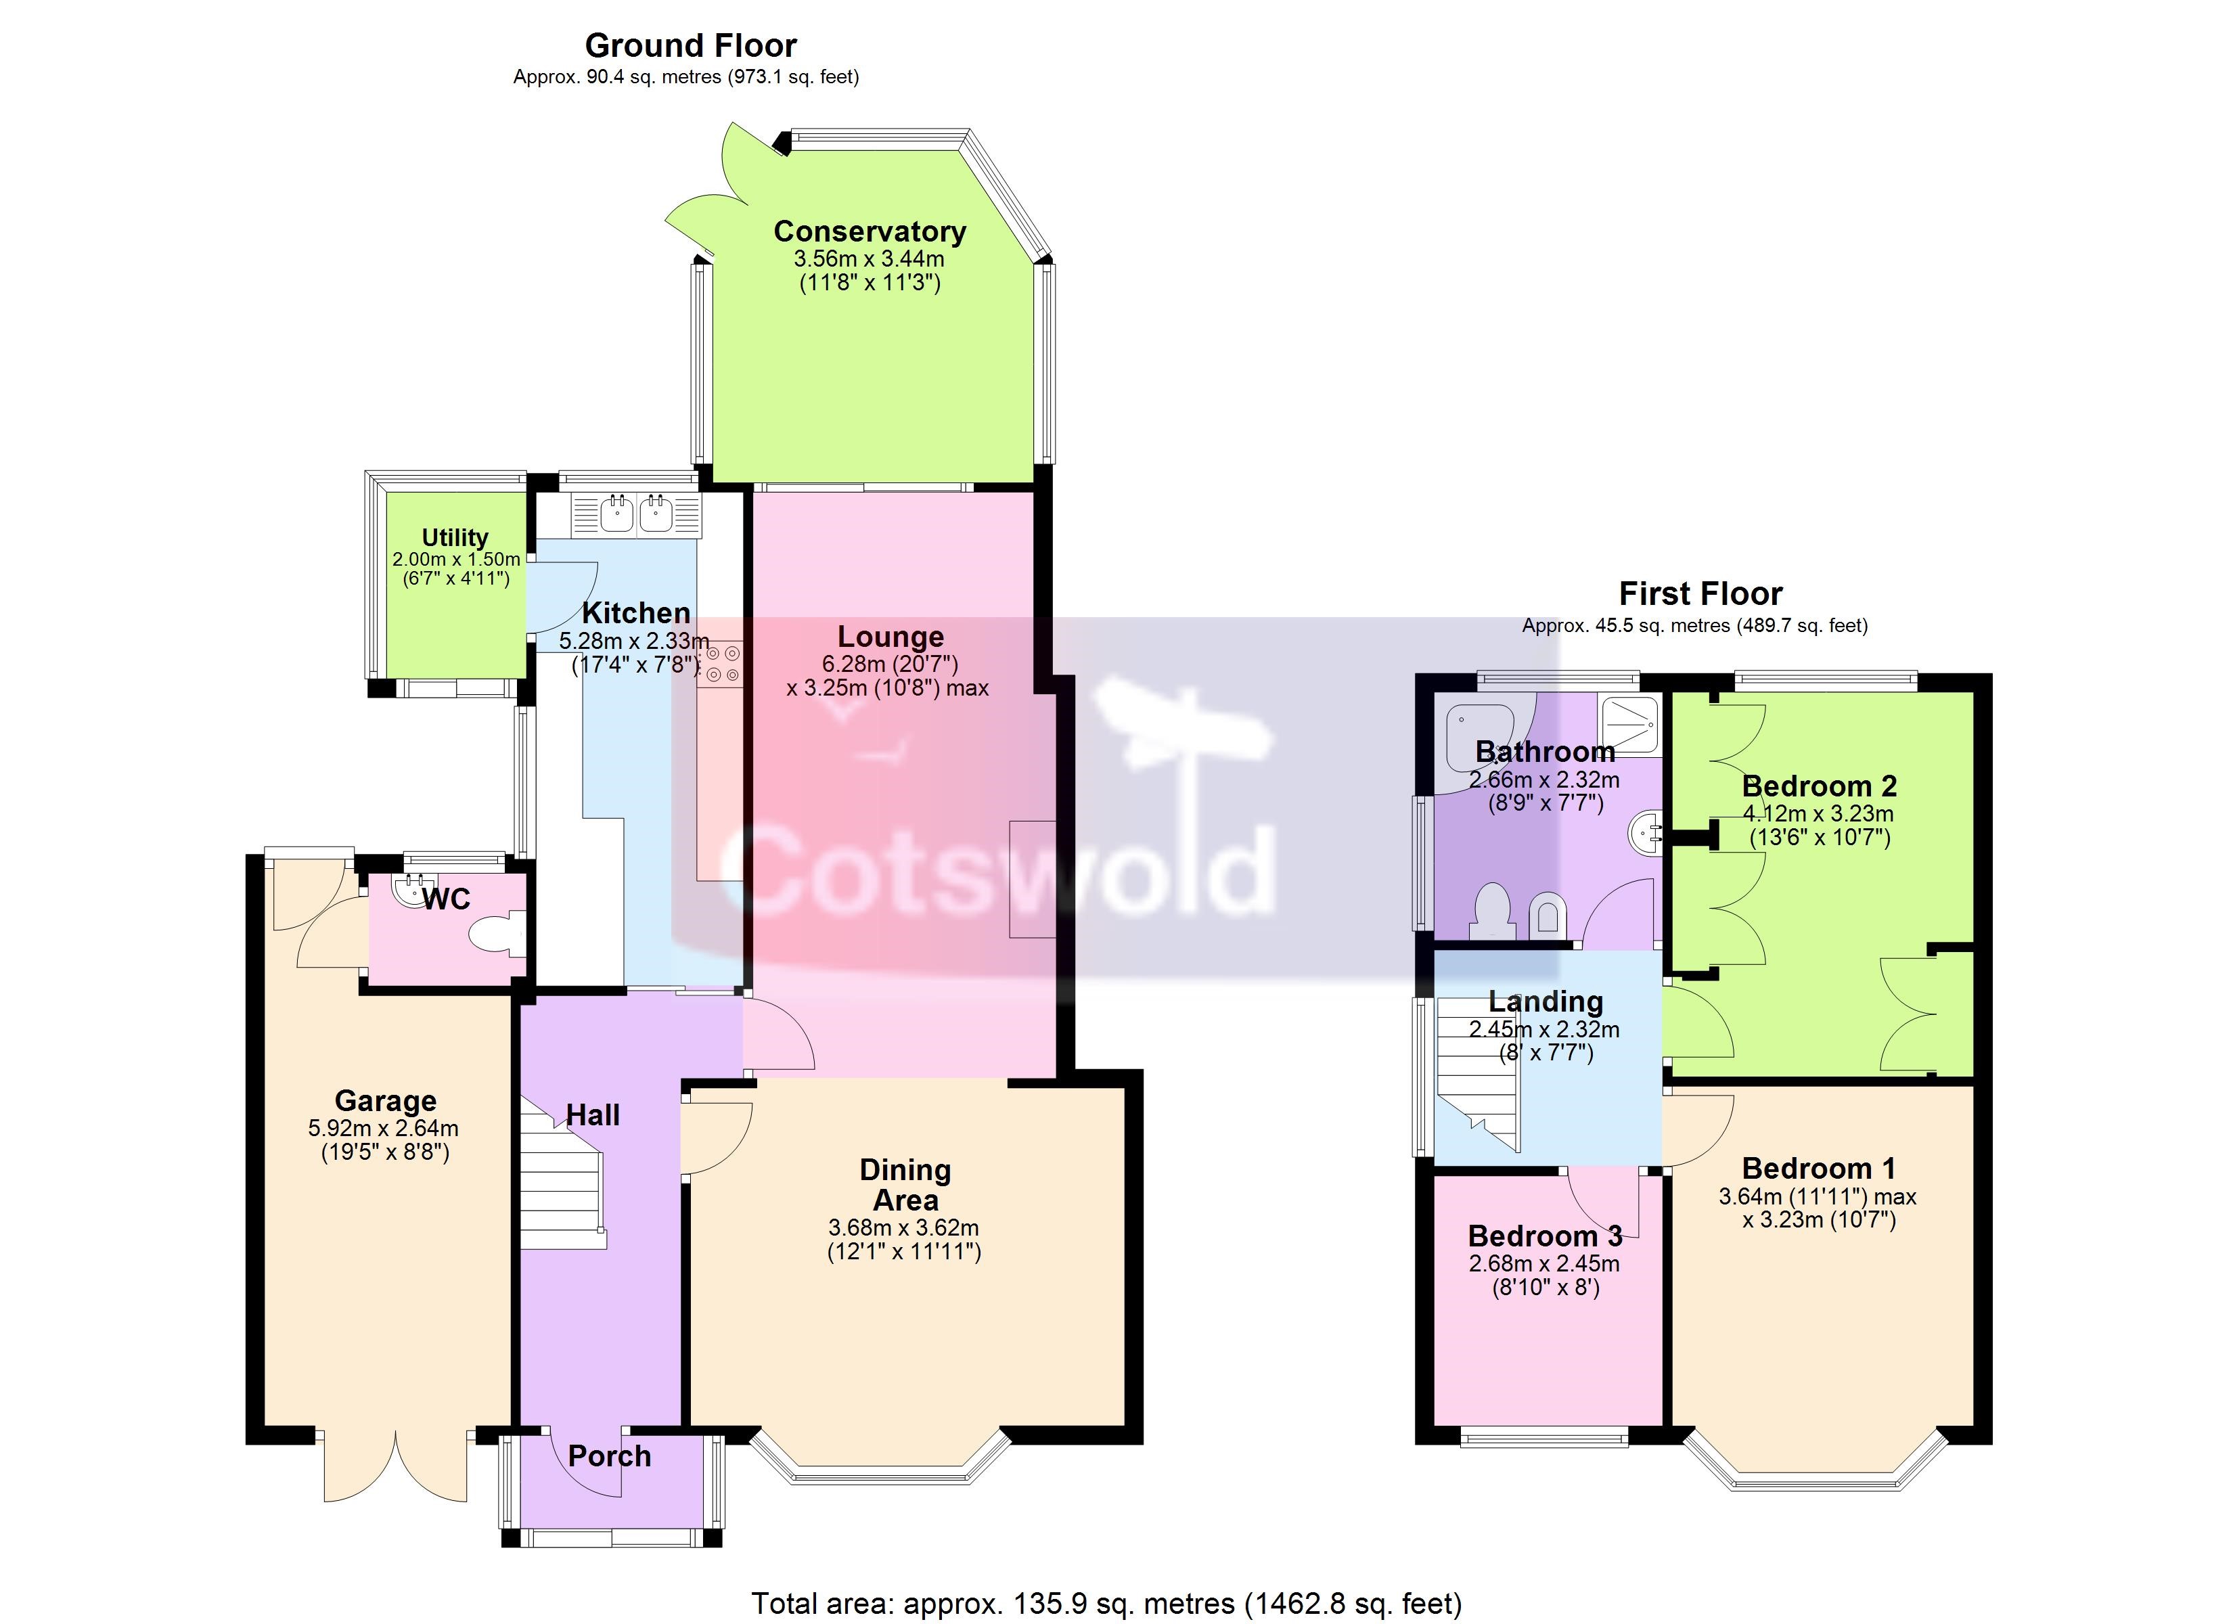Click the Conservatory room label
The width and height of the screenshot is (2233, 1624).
[x=870, y=231]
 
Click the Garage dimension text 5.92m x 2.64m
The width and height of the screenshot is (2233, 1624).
[x=383, y=1129]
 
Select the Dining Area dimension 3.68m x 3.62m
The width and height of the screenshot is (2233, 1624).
[x=904, y=1228]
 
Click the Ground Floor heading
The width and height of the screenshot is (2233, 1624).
[x=690, y=45]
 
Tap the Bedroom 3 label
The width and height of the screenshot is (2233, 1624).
[x=1545, y=1236]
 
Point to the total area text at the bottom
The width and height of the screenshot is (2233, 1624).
[x=1106, y=1603]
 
